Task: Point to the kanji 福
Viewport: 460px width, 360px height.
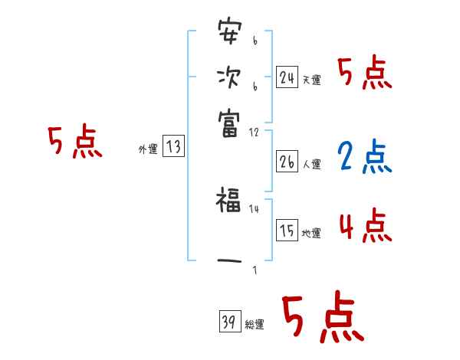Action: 228,202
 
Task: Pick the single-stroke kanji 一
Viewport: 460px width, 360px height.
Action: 228,261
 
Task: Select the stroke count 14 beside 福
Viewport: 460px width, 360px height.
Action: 254,208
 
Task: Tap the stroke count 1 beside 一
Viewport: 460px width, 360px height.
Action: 255,269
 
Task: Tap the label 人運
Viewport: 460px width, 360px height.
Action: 311,165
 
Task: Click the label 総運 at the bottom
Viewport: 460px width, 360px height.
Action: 255,325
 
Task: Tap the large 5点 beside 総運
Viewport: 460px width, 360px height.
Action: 321,319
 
